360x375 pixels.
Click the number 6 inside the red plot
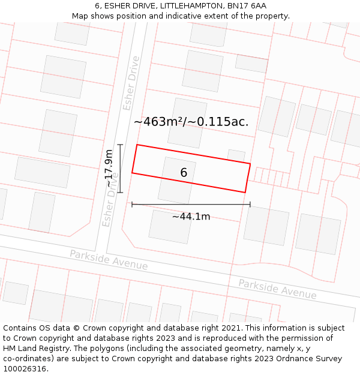(x=184, y=173)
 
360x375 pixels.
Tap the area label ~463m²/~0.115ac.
(x=191, y=122)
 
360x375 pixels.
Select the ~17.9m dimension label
(x=109, y=168)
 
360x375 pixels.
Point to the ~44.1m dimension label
(x=191, y=217)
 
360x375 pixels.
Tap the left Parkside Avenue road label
(x=109, y=260)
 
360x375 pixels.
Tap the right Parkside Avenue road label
(x=277, y=289)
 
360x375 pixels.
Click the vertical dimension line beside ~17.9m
(x=121, y=169)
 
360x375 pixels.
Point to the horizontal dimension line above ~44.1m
(x=191, y=205)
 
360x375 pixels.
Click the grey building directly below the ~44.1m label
(x=170, y=227)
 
